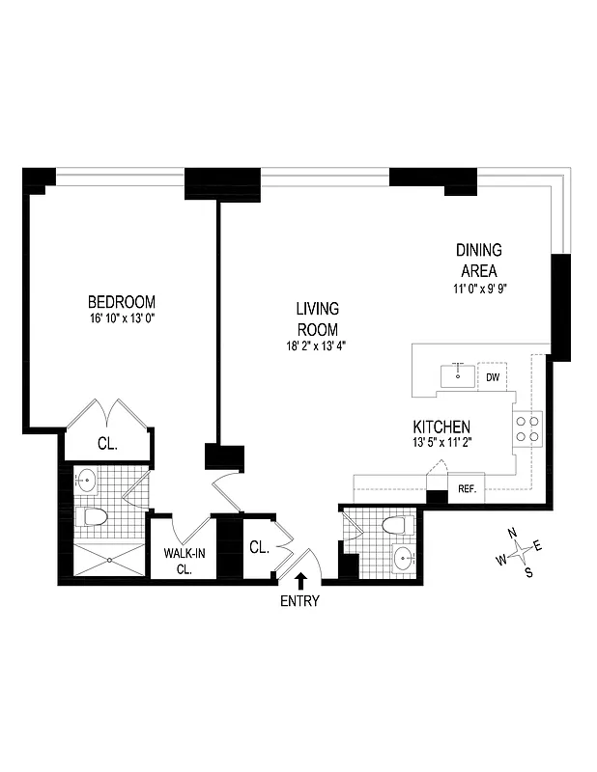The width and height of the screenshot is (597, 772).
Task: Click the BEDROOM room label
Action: [121, 301]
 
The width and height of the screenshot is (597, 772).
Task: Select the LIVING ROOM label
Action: [317, 318]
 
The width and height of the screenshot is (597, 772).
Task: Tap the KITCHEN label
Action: [441, 427]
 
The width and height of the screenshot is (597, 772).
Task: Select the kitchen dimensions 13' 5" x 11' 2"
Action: [441, 443]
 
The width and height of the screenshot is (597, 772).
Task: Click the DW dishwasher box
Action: [493, 377]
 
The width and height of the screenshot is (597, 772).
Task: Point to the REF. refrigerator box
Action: [468, 489]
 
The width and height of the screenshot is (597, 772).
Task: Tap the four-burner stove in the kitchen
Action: [526, 427]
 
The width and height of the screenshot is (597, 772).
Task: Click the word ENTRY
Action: [299, 601]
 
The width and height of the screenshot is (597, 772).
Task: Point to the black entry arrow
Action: [300, 579]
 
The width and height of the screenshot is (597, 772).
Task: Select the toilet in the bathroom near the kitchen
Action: [393, 526]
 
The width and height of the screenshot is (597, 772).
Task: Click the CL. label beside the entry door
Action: [258, 547]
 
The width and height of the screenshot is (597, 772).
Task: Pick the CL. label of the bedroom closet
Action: [107, 444]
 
